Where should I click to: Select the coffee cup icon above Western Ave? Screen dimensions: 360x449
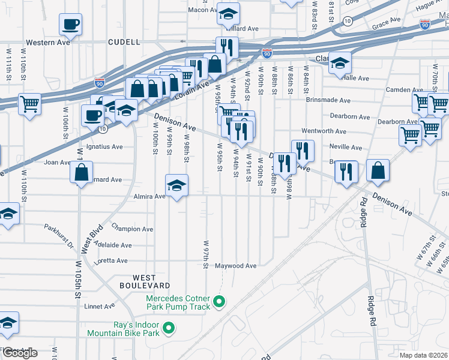pos(70,25)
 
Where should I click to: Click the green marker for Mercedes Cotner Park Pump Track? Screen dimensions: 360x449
pos(219,302)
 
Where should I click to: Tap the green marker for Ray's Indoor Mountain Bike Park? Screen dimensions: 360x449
pos(169,328)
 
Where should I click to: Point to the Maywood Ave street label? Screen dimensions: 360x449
pos(236,265)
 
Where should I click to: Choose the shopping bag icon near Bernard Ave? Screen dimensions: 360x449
pos(81,173)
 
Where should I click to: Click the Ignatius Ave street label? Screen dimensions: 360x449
pos(106,146)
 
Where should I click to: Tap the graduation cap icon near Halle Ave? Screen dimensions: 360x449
pos(340,63)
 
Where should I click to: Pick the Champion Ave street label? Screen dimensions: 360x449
pos(133,229)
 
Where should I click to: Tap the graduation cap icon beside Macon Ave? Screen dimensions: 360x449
pos(228,14)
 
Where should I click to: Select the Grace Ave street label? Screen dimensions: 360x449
pos(386,21)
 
